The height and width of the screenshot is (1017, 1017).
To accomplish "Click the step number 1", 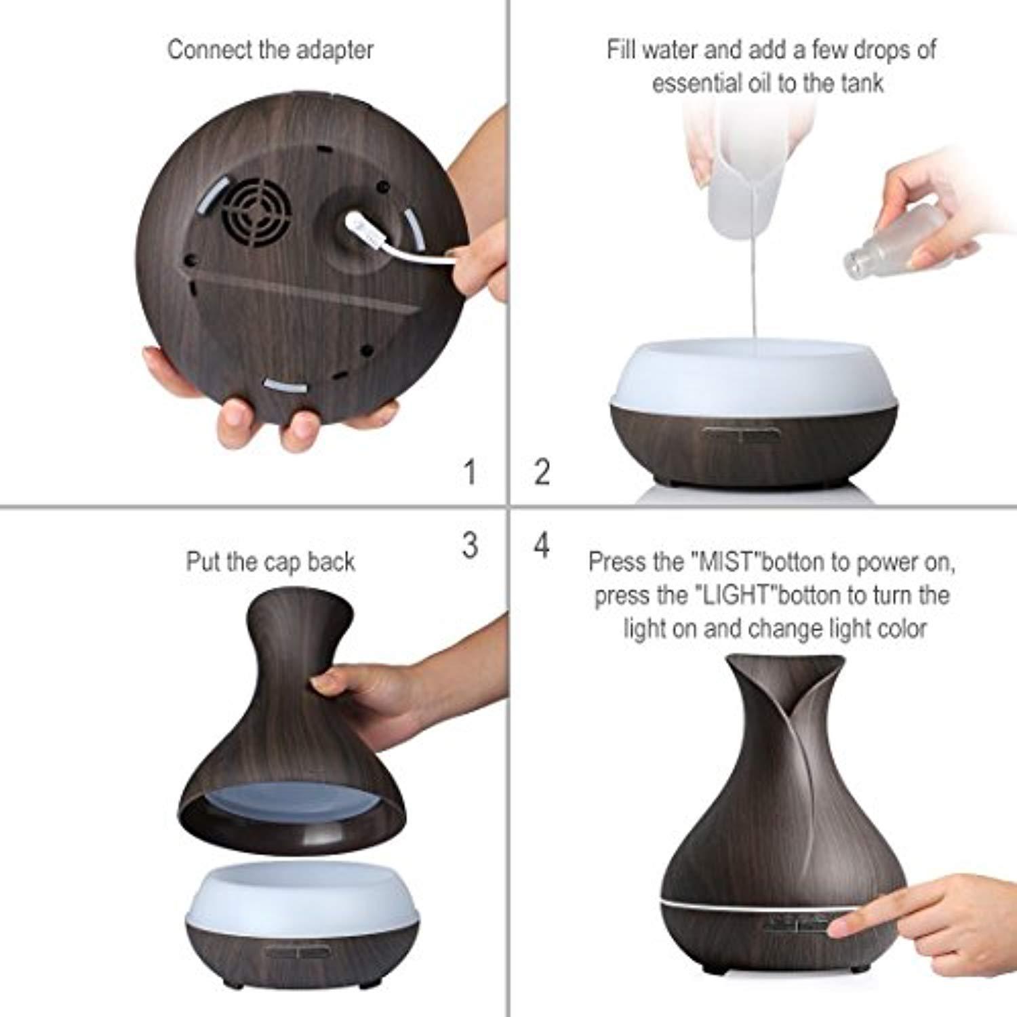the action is click(x=470, y=472).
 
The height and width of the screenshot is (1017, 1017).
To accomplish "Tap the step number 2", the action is click(x=542, y=472).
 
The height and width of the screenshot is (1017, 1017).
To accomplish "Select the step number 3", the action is click(x=470, y=544).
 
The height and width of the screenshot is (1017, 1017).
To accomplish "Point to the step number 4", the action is click(x=542, y=544).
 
